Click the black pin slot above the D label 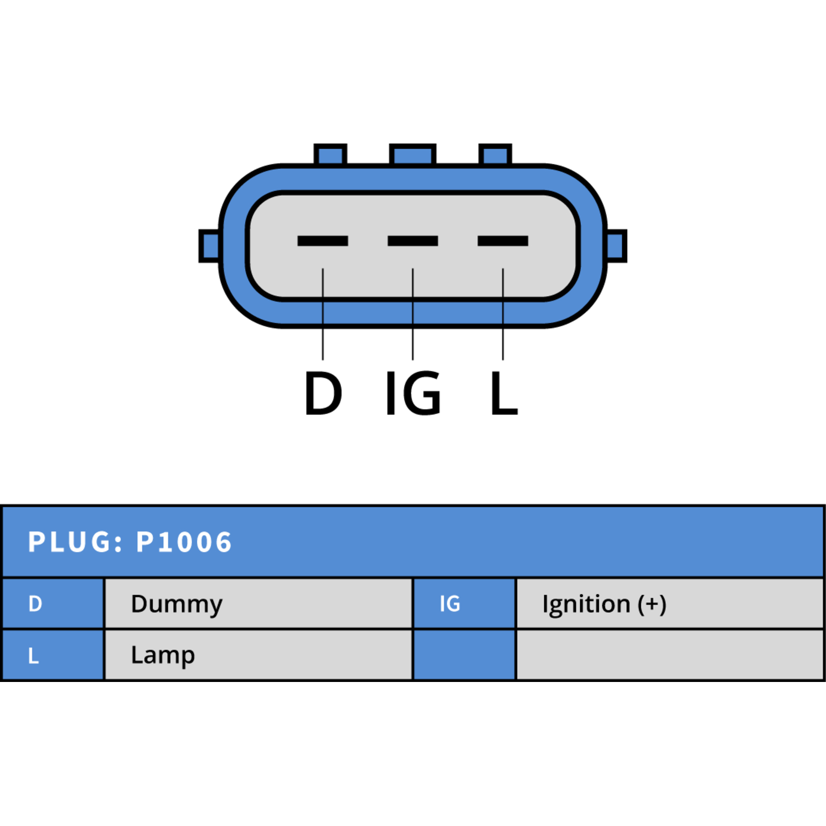point(323,241)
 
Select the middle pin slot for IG point(412,241)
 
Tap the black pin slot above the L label point(503,241)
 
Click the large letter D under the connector point(323,393)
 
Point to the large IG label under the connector point(414,393)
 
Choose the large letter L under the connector point(504,393)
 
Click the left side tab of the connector point(210,246)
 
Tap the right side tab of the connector point(616,246)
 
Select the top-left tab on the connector point(330,154)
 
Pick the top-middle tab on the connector point(412,154)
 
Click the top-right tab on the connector point(495,154)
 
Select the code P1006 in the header point(184,542)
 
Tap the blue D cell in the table point(53,603)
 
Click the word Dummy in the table point(177,604)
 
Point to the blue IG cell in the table point(465,603)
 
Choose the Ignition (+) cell point(670,603)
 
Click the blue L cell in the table point(53,655)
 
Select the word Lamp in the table point(163,656)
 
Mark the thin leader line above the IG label point(413,314)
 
